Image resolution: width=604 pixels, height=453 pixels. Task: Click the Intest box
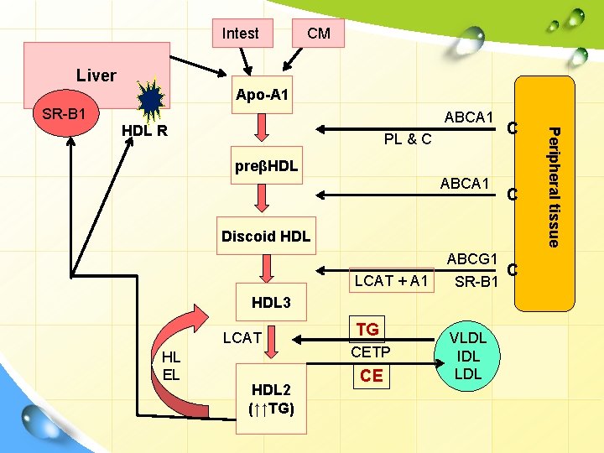point(241,33)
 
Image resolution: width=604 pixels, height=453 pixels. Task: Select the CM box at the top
point(319,33)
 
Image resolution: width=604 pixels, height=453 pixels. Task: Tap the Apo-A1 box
point(263,95)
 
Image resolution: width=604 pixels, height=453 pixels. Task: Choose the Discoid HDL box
point(265,237)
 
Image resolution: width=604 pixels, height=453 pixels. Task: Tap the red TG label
point(367,330)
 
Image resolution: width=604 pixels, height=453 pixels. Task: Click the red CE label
point(371,376)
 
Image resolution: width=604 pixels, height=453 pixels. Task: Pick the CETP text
point(370,352)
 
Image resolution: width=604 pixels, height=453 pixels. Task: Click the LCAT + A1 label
point(392,281)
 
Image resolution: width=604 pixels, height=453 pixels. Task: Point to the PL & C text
point(407,138)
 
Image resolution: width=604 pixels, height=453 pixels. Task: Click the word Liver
point(96,75)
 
